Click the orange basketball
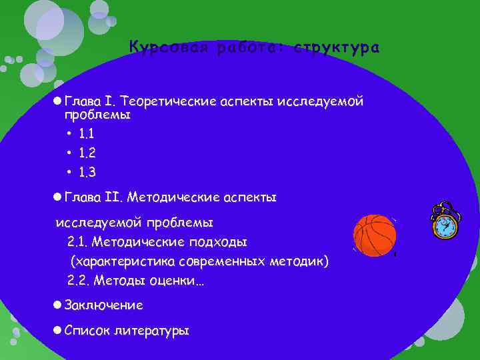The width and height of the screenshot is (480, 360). tap(374, 236)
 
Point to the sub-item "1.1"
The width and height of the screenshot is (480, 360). tap(87, 134)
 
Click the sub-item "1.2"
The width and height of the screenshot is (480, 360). tap(87, 153)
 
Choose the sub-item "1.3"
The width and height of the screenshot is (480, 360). tap(87, 173)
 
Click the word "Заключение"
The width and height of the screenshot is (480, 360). tap(103, 305)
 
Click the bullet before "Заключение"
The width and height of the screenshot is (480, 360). tap(57, 305)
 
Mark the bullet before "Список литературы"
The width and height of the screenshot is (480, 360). tap(57, 330)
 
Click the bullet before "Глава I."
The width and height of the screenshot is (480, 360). tap(57, 101)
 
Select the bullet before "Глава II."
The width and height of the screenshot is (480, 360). tap(57, 197)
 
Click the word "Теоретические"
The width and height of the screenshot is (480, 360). tap(169, 101)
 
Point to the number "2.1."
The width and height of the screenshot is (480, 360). tap(78, 241)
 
